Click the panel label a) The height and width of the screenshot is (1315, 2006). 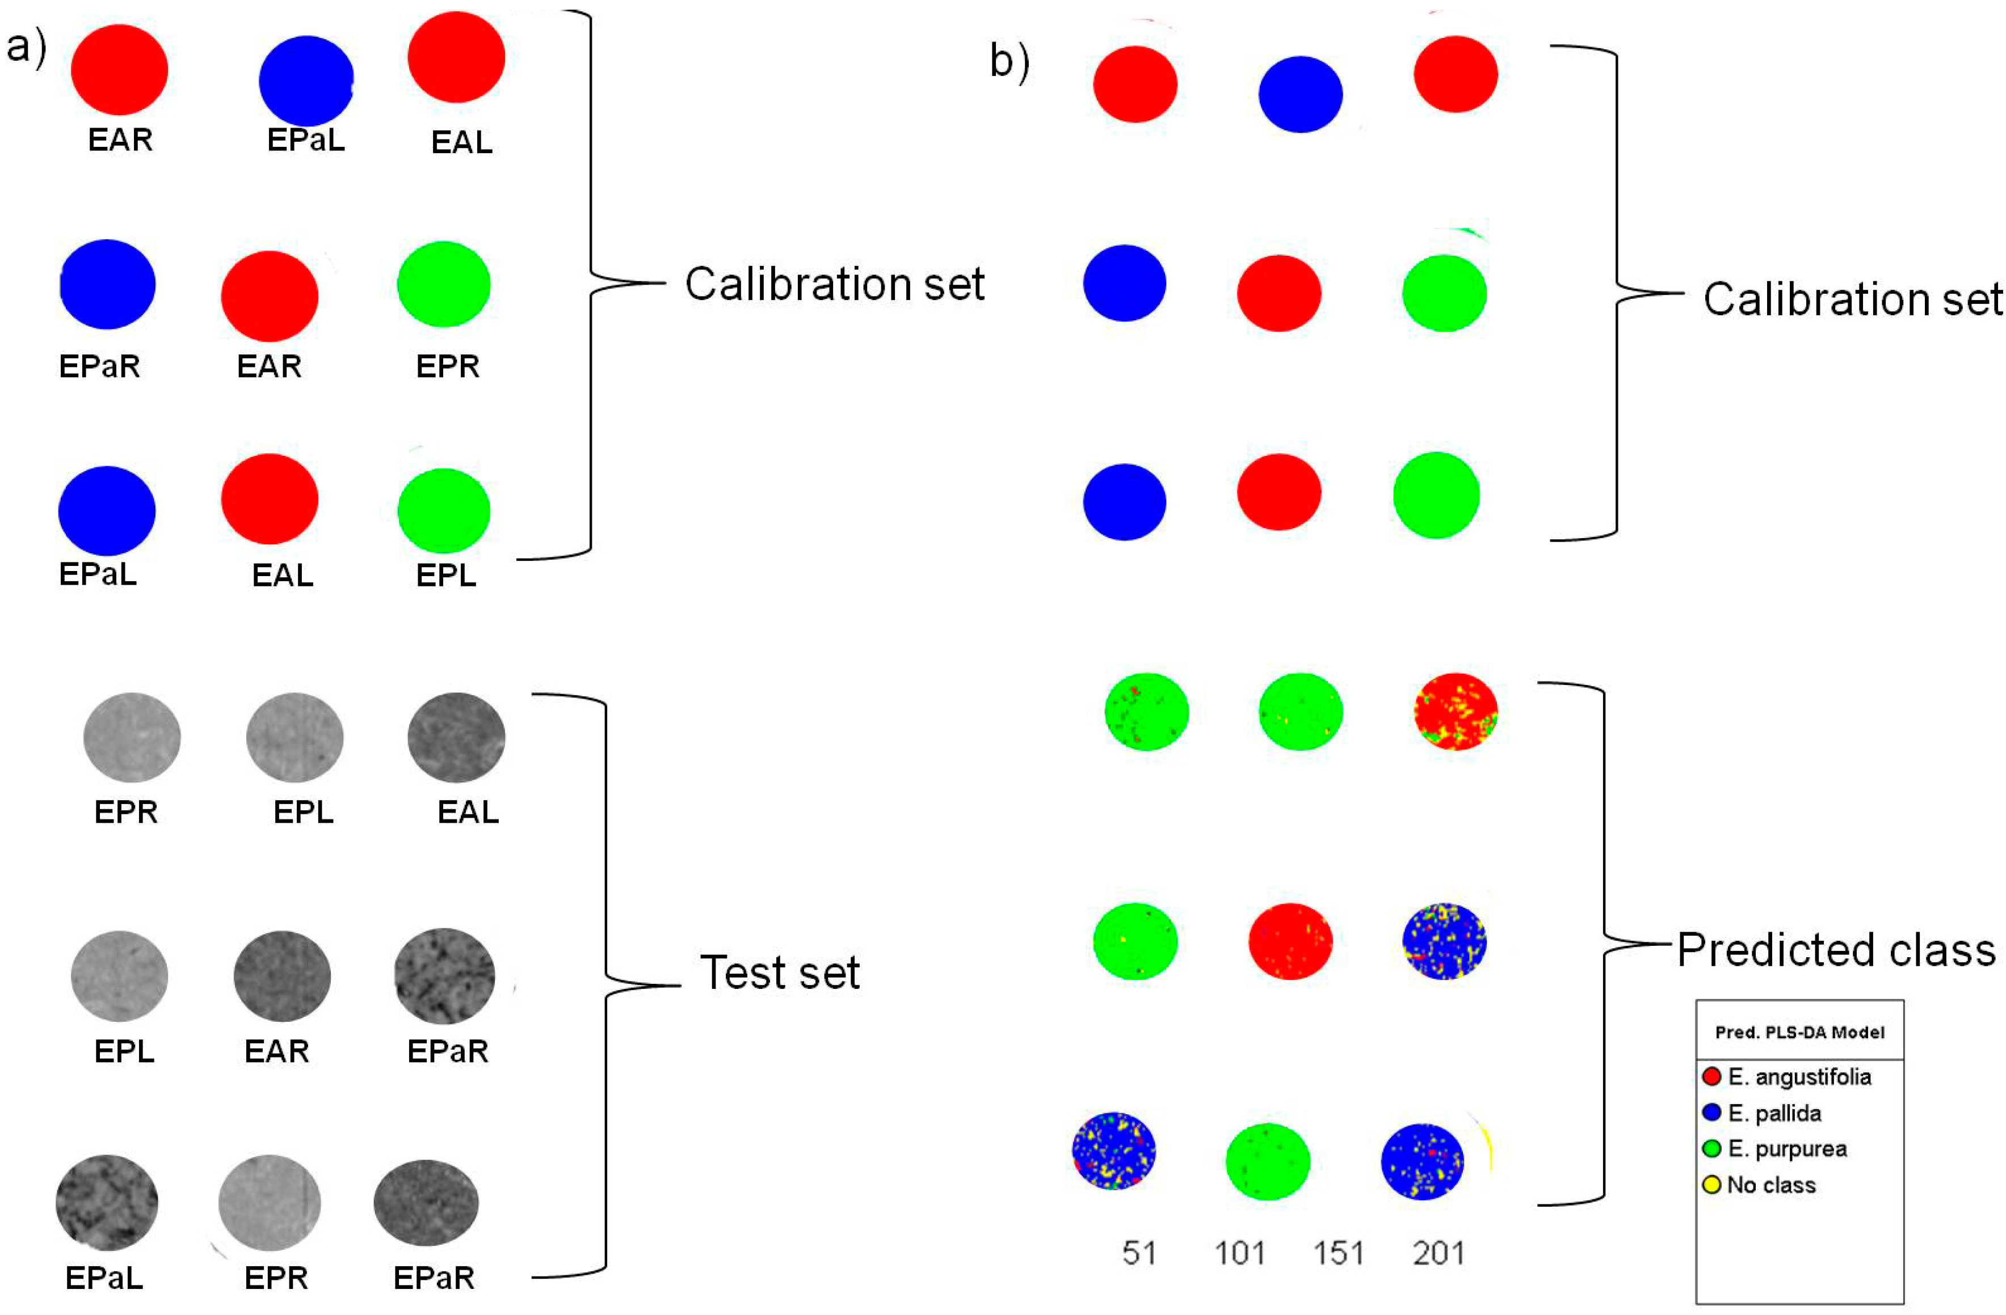point(26,48)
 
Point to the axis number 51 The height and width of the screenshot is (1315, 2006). point(1139,1254)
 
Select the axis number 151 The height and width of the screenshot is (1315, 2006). point(1339,1254)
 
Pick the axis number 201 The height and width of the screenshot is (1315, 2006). point(1439,1254)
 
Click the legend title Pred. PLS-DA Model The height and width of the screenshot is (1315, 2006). point(1799,1032)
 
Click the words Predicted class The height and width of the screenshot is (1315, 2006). point(1836,949)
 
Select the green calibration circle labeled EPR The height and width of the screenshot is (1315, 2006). point(443,284)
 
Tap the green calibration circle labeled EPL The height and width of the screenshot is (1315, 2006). point(443,510)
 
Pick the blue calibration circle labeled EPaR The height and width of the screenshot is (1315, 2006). point(107,284)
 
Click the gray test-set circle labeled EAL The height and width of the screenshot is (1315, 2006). point(456,737)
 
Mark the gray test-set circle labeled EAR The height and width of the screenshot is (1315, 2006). point(281,975)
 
